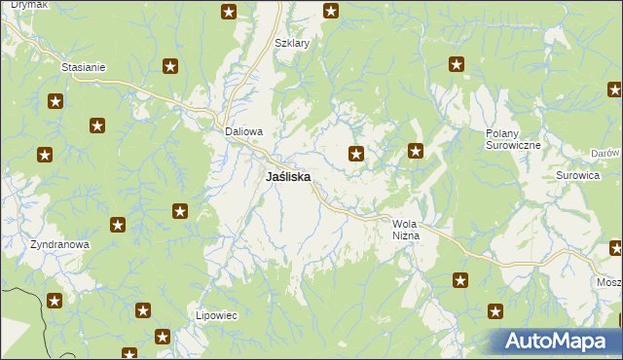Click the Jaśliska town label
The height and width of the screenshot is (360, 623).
coord(288,178)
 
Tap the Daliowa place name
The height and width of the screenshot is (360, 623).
coord(244,131)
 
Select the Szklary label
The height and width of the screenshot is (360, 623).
coord(291,44)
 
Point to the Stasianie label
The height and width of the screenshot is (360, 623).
coord(83,67)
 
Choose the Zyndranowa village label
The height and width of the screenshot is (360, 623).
coord(59,245)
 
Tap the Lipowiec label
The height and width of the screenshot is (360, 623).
coord(217,316)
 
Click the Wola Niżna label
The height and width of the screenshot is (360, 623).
coord(405,230)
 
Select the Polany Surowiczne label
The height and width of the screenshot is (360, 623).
coord(513,138)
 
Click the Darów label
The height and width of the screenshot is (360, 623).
coord(605,154)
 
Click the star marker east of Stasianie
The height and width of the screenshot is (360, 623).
coord(170,66)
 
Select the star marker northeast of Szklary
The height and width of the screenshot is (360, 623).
coord(331,12)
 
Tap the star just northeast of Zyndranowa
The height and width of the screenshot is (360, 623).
coord(118,225)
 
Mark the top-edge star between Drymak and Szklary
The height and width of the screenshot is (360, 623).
coord(229,12)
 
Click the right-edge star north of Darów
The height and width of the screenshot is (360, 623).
coord(615,90)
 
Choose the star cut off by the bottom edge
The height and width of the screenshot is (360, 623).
coord(128,354)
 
